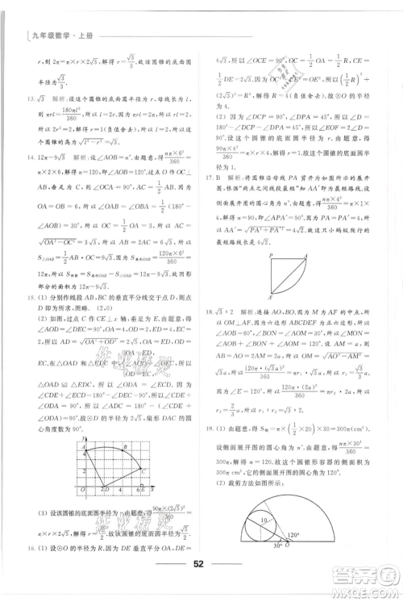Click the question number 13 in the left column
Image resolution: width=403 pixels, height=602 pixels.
(31, 97)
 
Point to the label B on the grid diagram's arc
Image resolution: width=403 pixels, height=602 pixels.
(124, 446)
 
